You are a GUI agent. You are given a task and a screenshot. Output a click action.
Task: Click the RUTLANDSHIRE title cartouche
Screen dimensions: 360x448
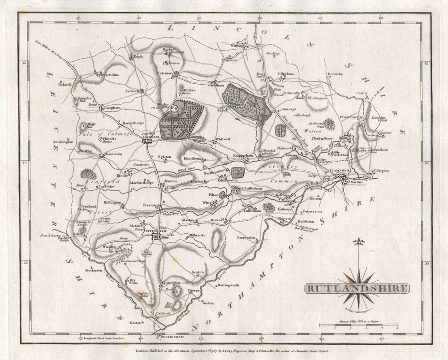(357, 288)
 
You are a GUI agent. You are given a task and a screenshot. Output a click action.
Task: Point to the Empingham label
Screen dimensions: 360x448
(243, 155)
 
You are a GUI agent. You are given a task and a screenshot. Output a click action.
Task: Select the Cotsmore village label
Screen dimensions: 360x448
(165, 73)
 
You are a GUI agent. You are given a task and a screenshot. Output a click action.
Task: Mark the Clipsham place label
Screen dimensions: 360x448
(285, 73)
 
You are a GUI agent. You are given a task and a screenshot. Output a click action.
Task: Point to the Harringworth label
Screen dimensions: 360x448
(228, 285)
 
